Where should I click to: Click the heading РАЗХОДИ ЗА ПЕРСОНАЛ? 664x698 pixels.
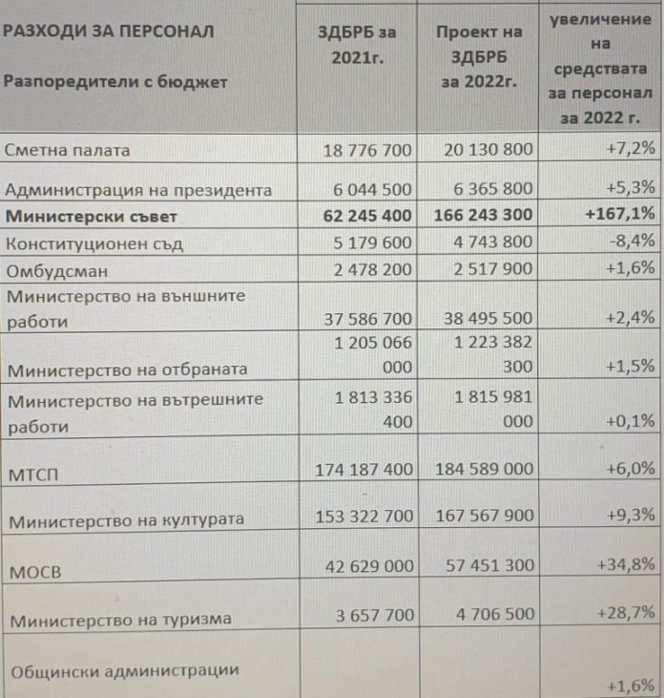click(x=108, y=31)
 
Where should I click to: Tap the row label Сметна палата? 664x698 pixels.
click(x=67, y=150)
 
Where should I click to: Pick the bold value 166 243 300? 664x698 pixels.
click(x=484, y=216)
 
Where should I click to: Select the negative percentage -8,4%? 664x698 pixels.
click(x=633, y=243)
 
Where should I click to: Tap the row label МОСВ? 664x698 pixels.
click(x=34, y=573)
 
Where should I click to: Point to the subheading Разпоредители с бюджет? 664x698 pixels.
click(x=115, y=82)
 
